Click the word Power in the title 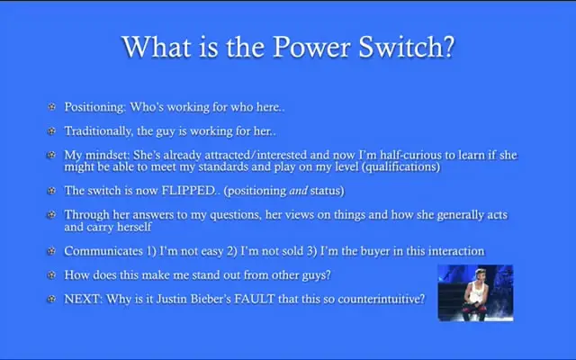point(311,47)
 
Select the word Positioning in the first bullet point(95,107)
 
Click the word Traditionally point(99,131)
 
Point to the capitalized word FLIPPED point(189,190)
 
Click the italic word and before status point(298,191)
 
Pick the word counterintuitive point(381,299)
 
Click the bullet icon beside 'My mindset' point(52,155)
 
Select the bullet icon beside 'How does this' point(52,274)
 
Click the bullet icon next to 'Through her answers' point(52,214)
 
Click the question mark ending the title point(450,47)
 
